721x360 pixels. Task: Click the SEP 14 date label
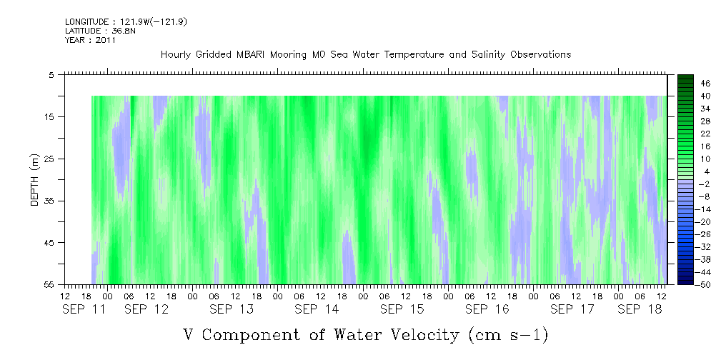click(317, 309)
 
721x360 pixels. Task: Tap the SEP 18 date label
click(640, 309)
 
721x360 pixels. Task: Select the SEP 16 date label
click(487, 309)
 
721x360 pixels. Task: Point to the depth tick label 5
click(51, 74)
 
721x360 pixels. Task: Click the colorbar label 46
click(685, 84)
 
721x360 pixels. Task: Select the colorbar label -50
click(685, 284)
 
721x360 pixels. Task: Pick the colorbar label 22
click(685, 134)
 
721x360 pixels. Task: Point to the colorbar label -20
click(685, 221)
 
